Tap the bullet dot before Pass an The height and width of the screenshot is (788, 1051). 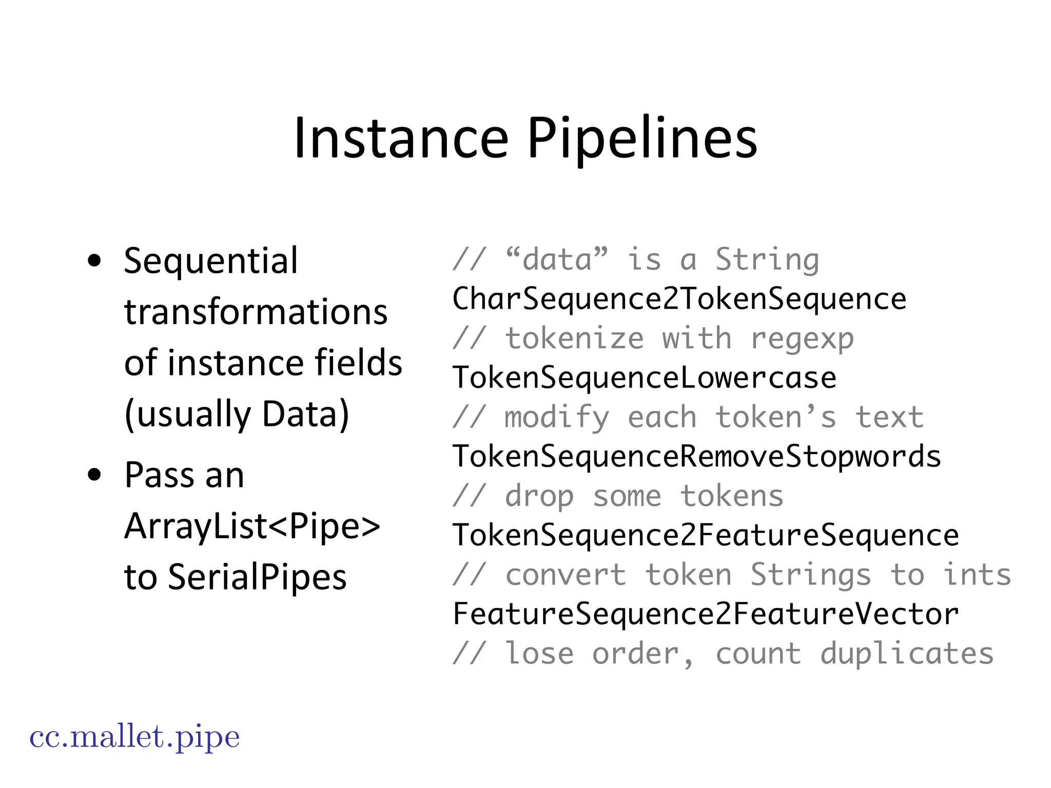(94, 475)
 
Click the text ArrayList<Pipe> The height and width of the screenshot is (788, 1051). (252, 526)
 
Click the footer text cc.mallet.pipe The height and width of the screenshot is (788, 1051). (134, 737)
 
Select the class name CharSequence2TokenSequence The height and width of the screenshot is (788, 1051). (679, 299)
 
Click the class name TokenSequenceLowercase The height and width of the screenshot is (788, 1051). (644, 378)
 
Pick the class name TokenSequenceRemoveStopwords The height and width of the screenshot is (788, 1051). (696, 457)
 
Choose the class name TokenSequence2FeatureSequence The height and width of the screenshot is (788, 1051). (705, 536)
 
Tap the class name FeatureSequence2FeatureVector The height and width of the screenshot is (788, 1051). (705, 614)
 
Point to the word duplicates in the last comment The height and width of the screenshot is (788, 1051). (907, 654)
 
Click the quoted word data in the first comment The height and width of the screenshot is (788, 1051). (556, 260)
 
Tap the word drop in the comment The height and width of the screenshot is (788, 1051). (539, 497)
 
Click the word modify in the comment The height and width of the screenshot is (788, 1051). (556, 418)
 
